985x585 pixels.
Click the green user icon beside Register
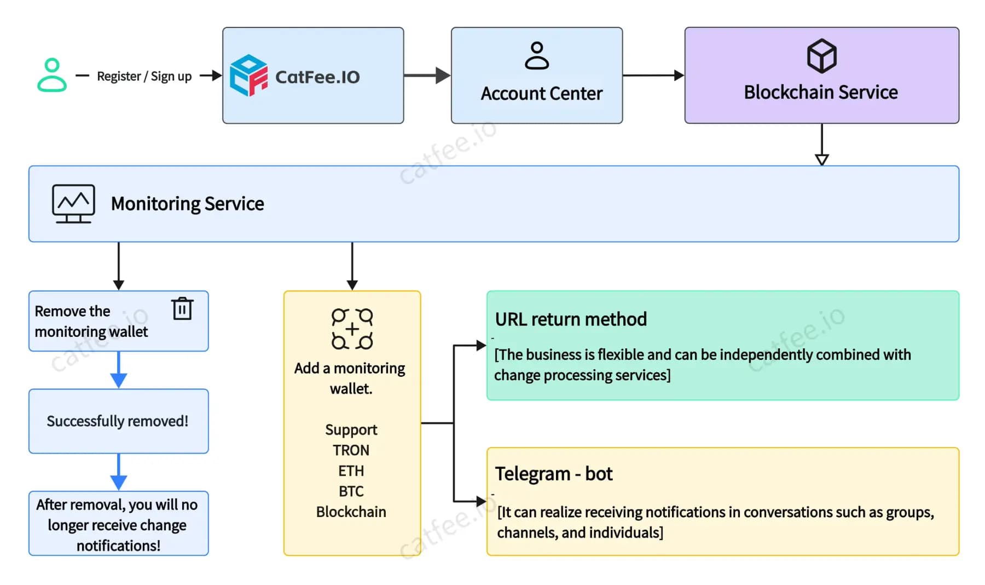click(52, 75)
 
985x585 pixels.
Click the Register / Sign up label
click(144, 76)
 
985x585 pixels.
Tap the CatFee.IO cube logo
click(248, 76)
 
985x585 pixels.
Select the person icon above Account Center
click(536, 56)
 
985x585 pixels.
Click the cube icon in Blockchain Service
click(821, 56)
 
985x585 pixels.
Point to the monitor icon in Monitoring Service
click(73, 203)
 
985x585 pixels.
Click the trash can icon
click(182, 308)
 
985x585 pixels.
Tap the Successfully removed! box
click(118, 421)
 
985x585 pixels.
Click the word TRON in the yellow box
click(351, 450)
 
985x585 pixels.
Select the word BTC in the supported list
click(351, 491)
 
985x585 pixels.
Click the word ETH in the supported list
click(351, 471)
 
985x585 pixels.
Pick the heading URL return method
click(571, 319)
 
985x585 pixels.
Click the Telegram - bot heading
click(553, 473)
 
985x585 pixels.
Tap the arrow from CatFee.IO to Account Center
click(427, 76)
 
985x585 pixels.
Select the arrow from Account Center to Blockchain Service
click(653, 76)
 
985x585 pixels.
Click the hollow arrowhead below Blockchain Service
click(821, 159)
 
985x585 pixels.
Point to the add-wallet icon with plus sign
click(352, 329)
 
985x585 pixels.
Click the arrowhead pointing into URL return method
click(480, 345)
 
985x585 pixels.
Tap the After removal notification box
click(118, 524)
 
